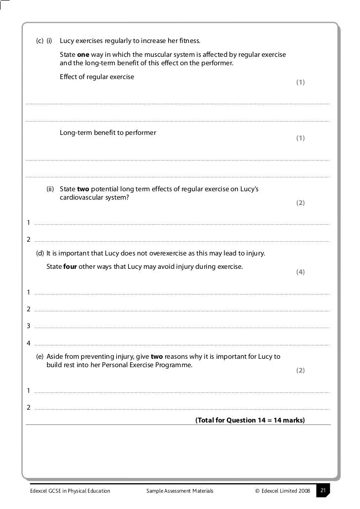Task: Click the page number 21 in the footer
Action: coord(323,491)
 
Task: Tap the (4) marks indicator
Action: coord(300,272)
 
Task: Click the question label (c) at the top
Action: coord(40,41)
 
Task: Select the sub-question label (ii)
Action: coord(50,189)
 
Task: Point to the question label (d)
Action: coord(40,254)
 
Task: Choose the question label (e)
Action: coord(40,357)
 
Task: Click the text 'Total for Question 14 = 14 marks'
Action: coord(250,421)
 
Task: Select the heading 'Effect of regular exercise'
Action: coord(97,77)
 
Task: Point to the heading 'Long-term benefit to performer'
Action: coord(108,133)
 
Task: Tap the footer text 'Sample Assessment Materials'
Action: coord(180,491)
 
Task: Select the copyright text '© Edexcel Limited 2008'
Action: coord(282,491)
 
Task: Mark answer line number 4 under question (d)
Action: coord(182,344)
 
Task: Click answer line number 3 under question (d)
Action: coord(182,327)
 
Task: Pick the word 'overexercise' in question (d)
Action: coord(168,254)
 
